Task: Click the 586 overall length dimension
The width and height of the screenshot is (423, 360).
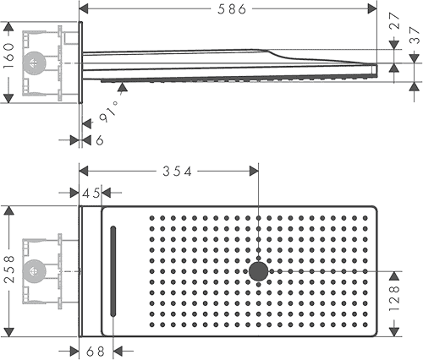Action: pos(232,9)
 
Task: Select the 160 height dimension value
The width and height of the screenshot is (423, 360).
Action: pos(8,56)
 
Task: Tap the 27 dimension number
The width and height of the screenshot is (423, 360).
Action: pos(394,20)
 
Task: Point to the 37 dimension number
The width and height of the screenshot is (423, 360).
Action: pos(415,35)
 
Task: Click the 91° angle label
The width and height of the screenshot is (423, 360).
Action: pos(109,112)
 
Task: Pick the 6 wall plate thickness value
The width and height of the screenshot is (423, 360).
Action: pos(100,140)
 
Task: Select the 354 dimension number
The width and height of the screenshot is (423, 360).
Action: pos(177,172)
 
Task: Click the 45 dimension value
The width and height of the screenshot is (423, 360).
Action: pos(91,193)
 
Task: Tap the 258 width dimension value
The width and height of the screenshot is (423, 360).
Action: pos(9,270)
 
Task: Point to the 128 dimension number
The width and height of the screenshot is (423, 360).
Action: pos(394,298)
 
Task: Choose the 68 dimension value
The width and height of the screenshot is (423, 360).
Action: pos(96,352)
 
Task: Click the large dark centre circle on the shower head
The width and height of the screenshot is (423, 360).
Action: pos(259,271)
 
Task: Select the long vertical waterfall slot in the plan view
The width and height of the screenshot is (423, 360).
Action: pos(113,271)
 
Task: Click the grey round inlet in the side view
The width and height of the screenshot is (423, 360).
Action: pos(34,63)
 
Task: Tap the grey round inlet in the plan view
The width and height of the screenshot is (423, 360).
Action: pos(34,271)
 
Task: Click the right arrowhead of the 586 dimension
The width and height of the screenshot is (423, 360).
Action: pos(372,8)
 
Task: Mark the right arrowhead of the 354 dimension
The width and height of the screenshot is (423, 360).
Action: pos(254,171)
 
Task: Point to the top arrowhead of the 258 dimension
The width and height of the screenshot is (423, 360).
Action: pos(9,210)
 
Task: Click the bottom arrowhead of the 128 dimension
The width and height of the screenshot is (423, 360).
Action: pos(394,332)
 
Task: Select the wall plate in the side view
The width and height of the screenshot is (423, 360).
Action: pos(80,63)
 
